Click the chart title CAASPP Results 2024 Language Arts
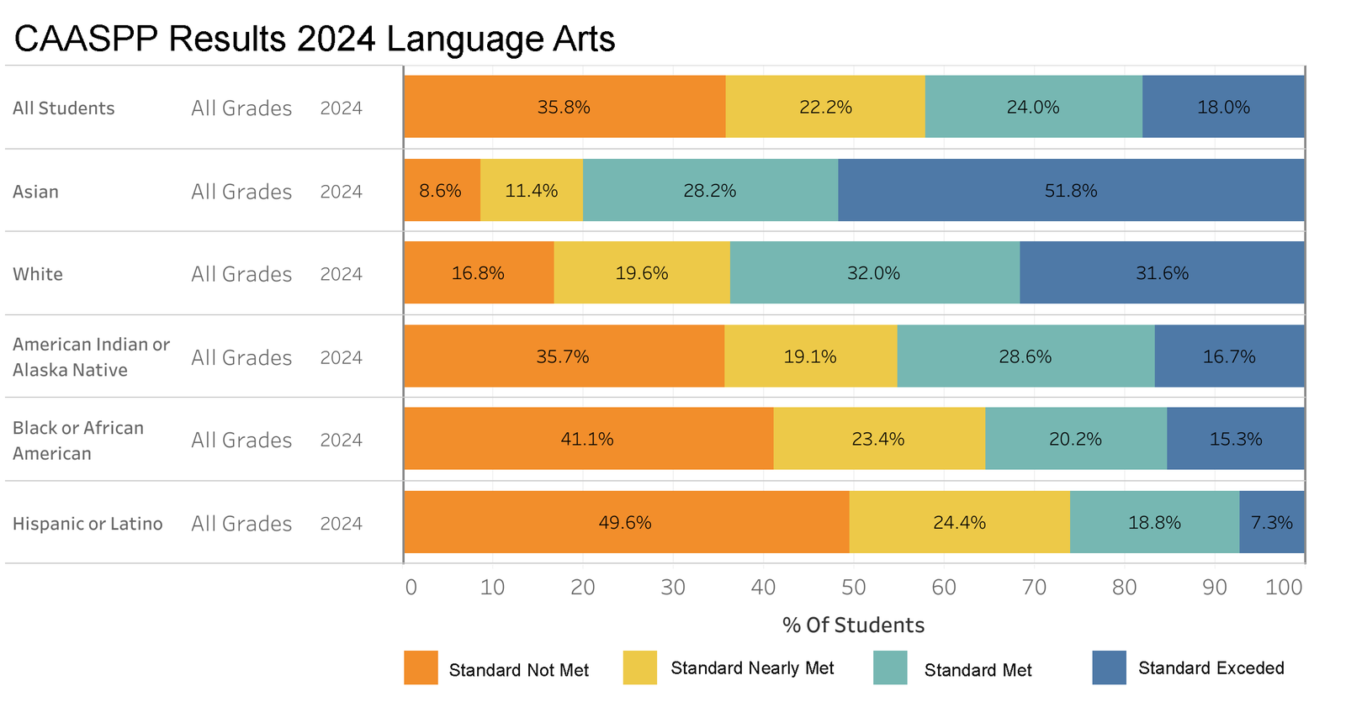click(x=315, y=40)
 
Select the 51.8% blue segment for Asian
click(x=1071, y=191)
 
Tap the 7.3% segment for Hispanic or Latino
click(x=1271, y=522)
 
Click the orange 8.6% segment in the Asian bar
click(x=442, y=191)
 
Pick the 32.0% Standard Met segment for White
click(x=874, y=273)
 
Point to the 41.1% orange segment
click(x=588, y=439)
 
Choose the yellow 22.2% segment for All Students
click(x=825, y=107)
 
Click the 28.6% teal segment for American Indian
click(x=1025, y=356)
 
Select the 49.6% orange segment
click(x=626, y=522)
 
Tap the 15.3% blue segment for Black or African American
click(x=1235, y=439)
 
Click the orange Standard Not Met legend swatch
click(x=421, y=667)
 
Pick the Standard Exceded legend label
click(x=1211, y=668)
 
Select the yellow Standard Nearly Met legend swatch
click(x=639, y=667)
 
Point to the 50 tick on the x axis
click(x=853, y=588)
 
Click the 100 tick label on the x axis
click(x=1284, y=588)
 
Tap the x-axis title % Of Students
click(x=853, y=625)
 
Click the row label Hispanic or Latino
click(x=87, y=524)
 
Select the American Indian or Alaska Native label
click(x=91, y=357)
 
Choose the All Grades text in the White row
click(x=241, y=274)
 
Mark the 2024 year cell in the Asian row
click(x=341, y=192)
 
